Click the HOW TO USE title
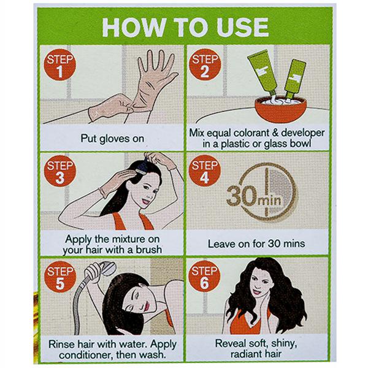pos(185,27)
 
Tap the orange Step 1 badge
pos(60,65)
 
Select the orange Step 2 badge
pos(205,65)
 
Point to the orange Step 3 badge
pos(60,171)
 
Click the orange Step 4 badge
pos(205,171)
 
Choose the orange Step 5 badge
pos(60,277)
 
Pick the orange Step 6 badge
pos(204,277)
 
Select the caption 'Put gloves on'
pos(112,139)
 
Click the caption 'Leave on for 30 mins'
pos(256,243)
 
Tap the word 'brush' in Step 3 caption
pos(149,250)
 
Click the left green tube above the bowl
pos(263,74)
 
